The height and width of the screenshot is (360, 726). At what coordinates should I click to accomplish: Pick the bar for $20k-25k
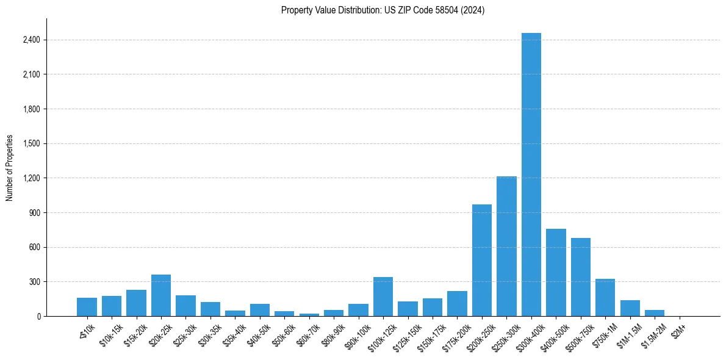[161, 296]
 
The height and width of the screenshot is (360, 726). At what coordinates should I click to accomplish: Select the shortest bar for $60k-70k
[309, 315]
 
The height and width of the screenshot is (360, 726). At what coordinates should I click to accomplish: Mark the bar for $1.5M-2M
[655, 313]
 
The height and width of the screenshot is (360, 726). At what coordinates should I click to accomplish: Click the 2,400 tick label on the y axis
[31, 40]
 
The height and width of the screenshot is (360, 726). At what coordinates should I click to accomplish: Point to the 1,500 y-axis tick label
[31, 144]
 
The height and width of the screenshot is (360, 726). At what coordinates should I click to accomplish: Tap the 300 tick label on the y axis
[34, 282]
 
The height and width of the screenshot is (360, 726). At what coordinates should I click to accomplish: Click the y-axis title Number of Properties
[10, 167]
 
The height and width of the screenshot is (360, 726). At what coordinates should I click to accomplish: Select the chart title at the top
[383, 10]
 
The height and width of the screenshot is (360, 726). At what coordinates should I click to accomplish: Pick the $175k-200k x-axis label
[455, 333]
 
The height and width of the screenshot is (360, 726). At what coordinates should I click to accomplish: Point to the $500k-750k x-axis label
[579, 333]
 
